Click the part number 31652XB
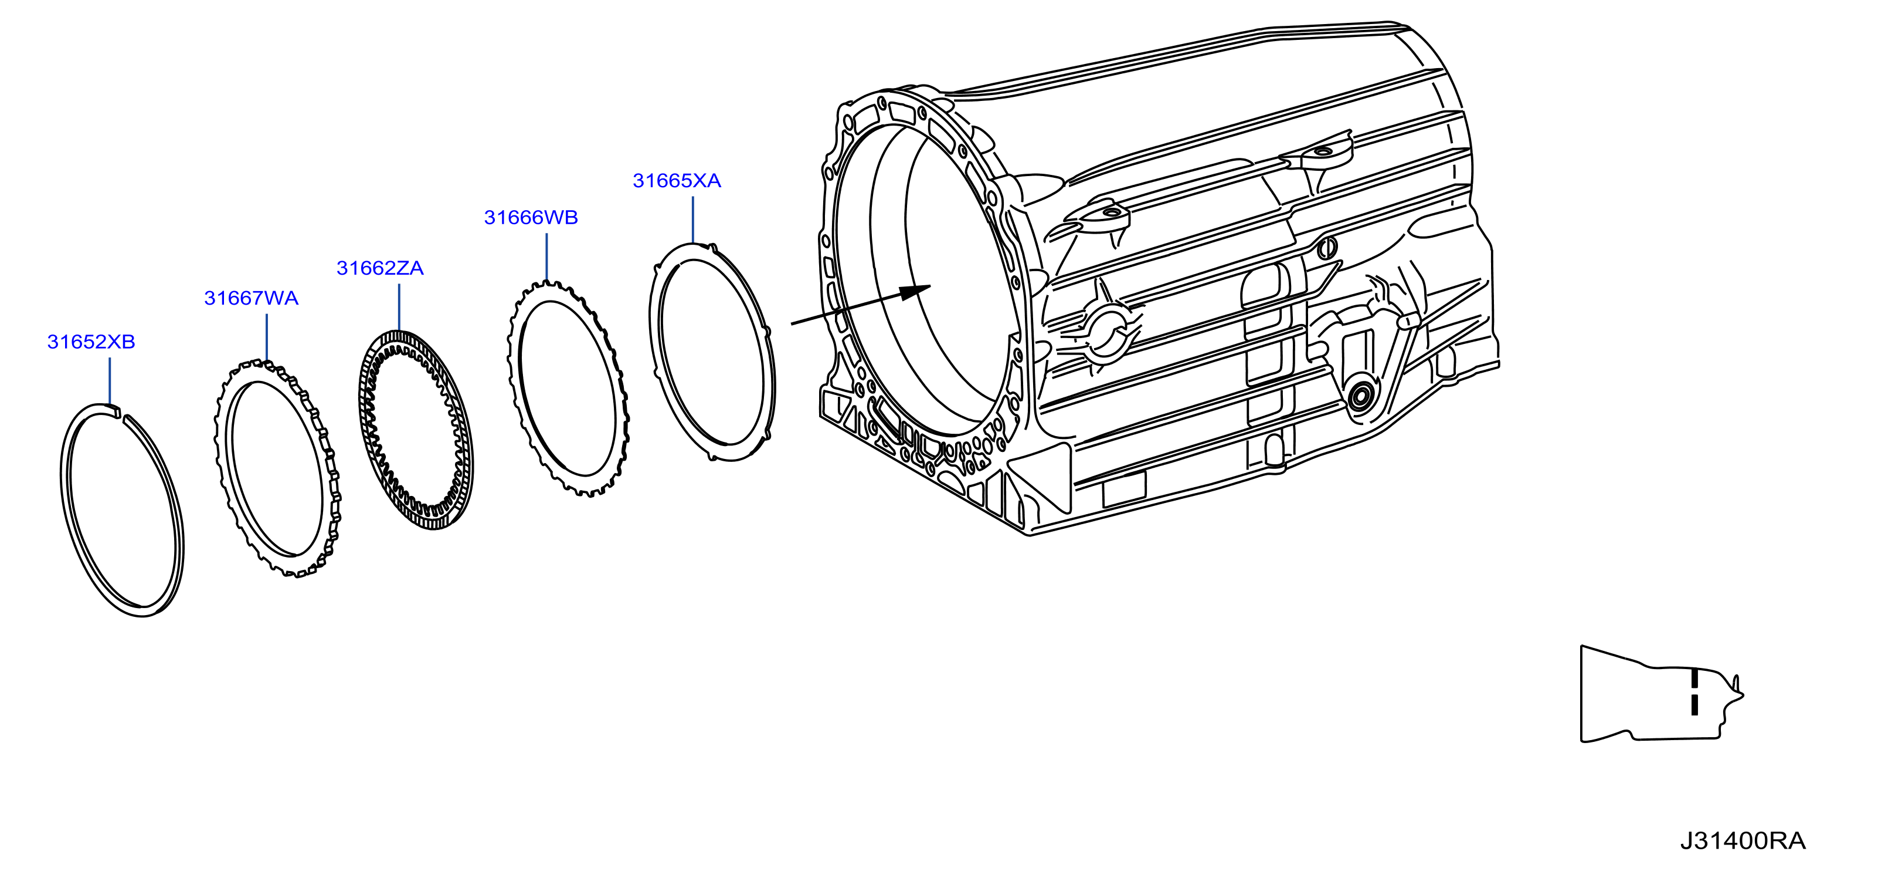click(91, 342)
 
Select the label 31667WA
click(252, 298)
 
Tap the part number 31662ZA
click(380, 268)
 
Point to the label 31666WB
click(531, 217)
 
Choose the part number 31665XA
click(677, 181)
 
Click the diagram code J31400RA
click(1743, 841)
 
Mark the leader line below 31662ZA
click(399, 307)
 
